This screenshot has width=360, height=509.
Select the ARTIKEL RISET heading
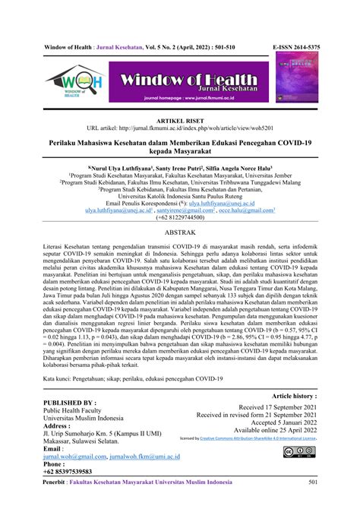coord(180,120)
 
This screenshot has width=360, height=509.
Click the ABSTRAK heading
coord(180,237)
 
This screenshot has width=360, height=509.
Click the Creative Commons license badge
coord(298,454)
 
